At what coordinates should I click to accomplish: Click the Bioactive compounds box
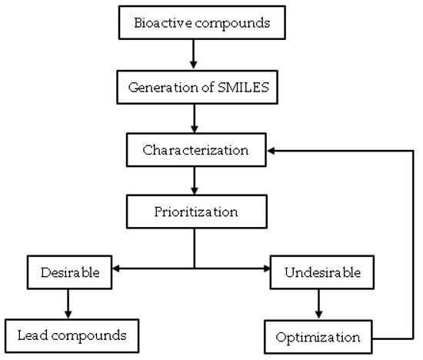[195, 22]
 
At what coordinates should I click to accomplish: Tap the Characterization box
[195, 149]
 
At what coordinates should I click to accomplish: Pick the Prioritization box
[195, 209]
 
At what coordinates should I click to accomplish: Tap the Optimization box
[317, 336]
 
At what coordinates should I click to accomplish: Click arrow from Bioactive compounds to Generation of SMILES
[195, 54]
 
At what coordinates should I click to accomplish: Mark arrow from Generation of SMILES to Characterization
[195, 118]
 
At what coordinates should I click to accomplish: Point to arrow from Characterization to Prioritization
[195, 179]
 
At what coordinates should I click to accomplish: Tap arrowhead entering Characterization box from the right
[271, 150]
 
